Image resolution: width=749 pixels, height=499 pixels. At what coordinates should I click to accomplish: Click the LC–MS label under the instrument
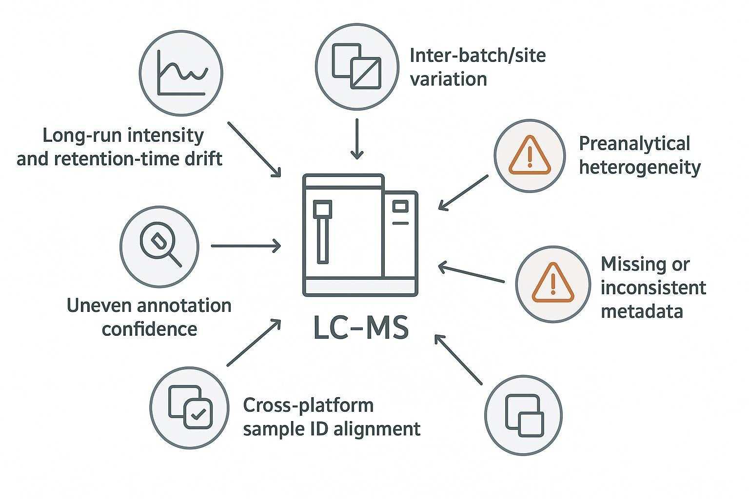[360, 328]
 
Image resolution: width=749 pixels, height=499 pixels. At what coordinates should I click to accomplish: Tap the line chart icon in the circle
[181, 73]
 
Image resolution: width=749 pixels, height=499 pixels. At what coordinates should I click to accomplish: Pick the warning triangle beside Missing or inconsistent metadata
[552, 283]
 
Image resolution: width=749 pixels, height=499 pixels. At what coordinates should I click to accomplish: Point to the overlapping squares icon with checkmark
[190, 407]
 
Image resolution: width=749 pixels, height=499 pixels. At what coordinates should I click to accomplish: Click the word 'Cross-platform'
[308, 405]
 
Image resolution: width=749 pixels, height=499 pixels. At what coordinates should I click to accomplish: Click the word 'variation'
[448, 78]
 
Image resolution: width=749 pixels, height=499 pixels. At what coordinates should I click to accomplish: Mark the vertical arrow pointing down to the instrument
[357, 138]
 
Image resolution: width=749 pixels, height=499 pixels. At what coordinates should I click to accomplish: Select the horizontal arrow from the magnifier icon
[246, 246]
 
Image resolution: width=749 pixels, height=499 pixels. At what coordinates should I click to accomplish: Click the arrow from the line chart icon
[255, 149]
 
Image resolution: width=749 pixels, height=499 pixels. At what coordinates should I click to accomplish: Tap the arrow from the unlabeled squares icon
[458, 359]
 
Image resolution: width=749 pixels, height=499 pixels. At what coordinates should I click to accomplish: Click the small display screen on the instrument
[400, 207]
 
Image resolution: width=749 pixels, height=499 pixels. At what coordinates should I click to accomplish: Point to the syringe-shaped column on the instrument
[322, 231]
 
